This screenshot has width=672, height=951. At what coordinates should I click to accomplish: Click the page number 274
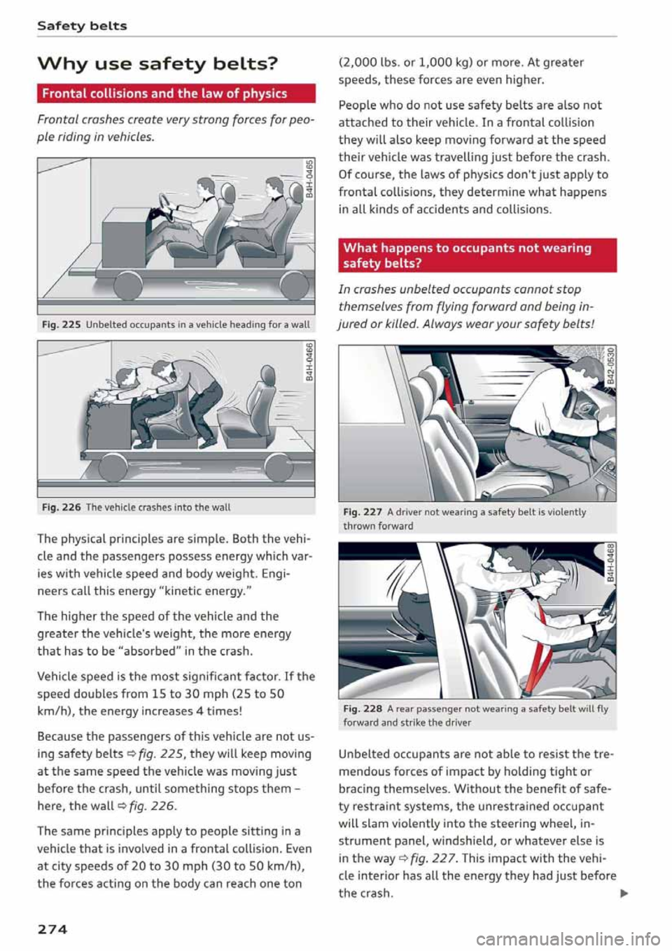(x=52, y=929)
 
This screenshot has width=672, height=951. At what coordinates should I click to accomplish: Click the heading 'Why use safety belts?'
(x=157, y=64)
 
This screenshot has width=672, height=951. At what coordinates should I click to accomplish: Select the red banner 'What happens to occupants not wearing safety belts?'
(x=477, y=256)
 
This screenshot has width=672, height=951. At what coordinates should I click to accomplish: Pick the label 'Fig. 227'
(x=363, y=512)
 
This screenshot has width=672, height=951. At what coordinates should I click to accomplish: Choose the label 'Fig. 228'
(x=363, y=709)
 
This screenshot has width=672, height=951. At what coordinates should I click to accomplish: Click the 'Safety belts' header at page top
(x=82, y=26)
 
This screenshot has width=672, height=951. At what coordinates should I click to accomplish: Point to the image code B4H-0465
(x=309, y=180)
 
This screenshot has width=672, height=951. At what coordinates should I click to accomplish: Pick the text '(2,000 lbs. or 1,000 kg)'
(x=405, y=62)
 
